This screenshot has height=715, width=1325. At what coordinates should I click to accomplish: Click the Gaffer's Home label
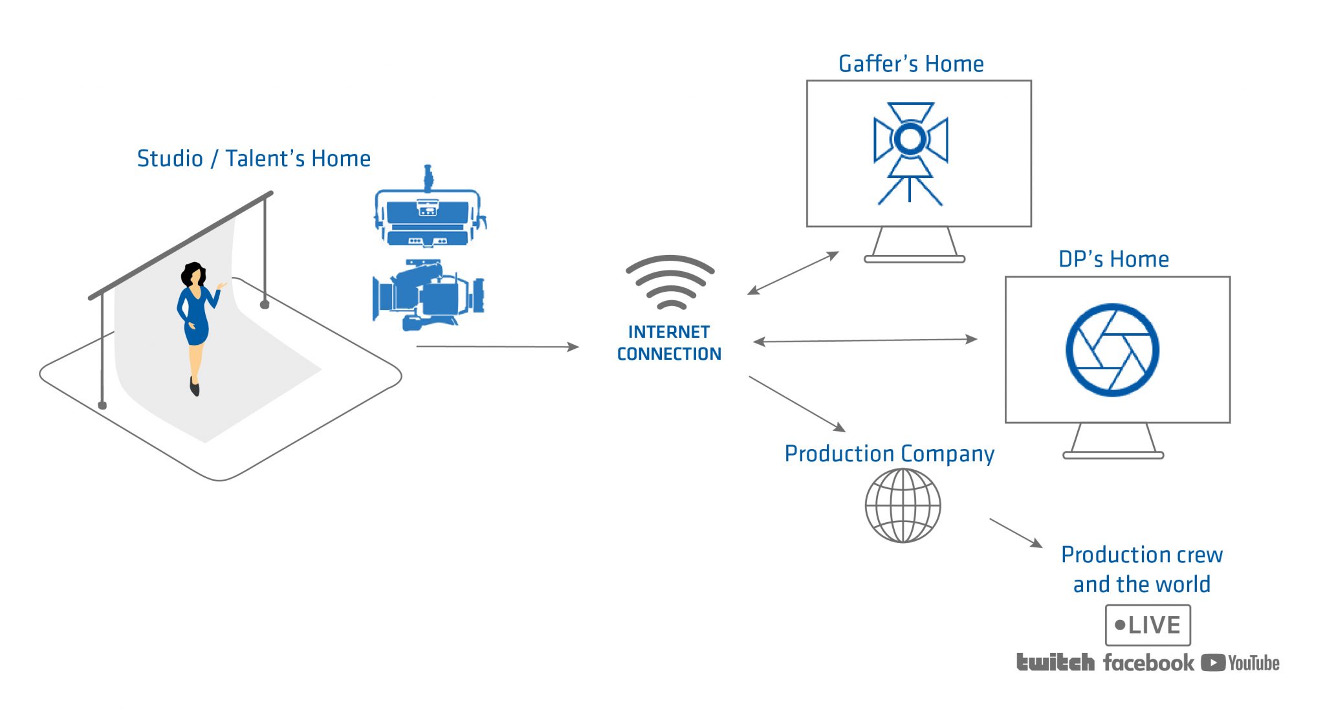tap(911, 64)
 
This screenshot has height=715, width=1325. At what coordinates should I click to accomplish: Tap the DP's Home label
tap(1113, 259)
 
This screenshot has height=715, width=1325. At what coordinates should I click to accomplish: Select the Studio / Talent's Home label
tap(254, 159)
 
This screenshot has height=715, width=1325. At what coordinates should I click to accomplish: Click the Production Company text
tap(889, 454)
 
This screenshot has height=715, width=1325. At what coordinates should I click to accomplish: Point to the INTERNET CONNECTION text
tap(669, 343)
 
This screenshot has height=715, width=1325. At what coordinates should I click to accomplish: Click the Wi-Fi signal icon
tap(670, 282)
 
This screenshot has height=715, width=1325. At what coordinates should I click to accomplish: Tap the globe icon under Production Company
tap(903, 505)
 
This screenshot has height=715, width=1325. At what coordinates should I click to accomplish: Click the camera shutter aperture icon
tap(1112, 350)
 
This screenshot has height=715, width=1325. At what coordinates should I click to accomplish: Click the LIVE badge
tap(1148, 625)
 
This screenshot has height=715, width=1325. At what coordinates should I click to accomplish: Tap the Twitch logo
tap(1055, 663)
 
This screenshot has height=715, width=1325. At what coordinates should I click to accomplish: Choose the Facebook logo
tap(1148, 663)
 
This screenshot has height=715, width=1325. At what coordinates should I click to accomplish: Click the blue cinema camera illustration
tap(428, 295)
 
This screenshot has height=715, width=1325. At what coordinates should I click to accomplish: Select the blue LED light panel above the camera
tap(428, 214)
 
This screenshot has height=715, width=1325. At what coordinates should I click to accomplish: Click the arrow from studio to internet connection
tap(497, 347)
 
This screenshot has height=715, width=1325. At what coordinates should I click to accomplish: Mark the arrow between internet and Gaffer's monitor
tap(793, 273)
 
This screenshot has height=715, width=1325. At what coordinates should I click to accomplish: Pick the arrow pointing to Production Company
tap(797, 404)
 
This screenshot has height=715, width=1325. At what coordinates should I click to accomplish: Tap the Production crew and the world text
tap(1142, 569)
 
